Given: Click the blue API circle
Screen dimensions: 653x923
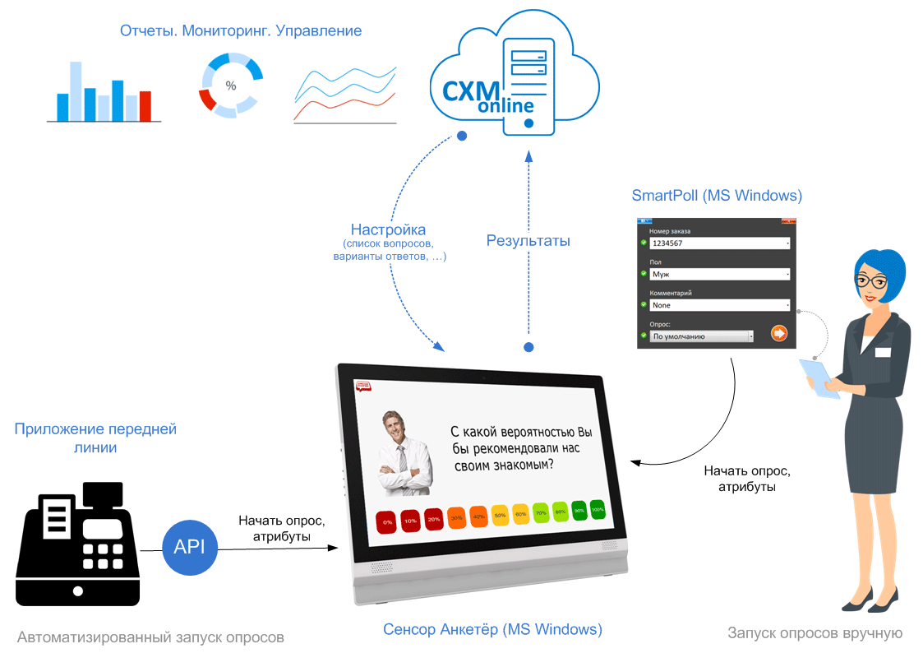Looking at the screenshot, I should coord(190,547).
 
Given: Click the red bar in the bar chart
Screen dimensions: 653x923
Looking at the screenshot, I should coord(145,106).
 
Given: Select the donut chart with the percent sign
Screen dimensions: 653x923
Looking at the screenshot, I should coord(231,85).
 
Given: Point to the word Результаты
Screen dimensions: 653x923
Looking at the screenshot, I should coord(528,241).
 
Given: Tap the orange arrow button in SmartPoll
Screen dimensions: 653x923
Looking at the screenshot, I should coord(779,333).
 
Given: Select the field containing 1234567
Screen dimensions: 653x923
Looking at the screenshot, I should coord(719,243).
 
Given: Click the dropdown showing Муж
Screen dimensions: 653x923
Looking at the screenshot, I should coord(719,274).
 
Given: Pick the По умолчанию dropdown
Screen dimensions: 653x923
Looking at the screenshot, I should coord(702,336).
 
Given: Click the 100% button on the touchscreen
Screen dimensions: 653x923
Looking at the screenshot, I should coord(598,510).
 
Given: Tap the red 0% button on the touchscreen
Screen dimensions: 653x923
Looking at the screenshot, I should coord(387,521).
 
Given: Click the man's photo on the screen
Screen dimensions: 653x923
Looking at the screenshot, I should coord(402,453).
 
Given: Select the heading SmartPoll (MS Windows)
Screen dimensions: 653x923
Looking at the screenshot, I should coord(717,196).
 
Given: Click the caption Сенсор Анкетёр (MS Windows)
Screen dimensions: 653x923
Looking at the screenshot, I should coord(492,630).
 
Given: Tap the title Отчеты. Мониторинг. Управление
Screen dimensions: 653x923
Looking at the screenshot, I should coord(241,31).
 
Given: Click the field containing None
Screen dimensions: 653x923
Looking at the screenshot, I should coord(719,305).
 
